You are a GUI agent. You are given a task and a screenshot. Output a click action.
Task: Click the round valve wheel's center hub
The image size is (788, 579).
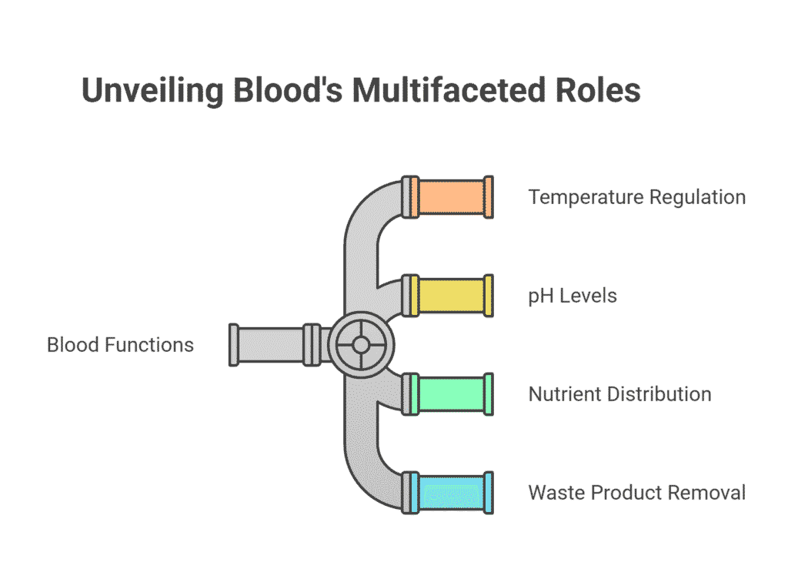click(361, 345)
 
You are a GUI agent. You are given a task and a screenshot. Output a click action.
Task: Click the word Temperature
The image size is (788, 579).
click(586, 197)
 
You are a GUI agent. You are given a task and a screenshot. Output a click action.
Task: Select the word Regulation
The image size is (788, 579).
click(697, 198)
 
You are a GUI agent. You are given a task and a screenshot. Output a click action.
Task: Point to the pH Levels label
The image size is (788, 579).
click(573, 296)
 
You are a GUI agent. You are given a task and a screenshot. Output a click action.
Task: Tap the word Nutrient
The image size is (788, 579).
click(565, 394)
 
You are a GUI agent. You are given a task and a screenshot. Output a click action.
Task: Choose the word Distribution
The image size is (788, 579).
click(659, 394)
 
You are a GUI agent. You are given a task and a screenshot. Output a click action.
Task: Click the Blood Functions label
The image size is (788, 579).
click(120, 345)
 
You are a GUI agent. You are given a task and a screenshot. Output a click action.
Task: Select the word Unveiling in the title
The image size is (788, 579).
click(152, 92)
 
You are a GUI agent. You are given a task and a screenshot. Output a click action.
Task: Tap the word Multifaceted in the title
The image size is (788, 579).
click(449, 91)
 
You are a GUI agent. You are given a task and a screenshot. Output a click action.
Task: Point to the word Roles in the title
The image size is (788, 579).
click(598, 91)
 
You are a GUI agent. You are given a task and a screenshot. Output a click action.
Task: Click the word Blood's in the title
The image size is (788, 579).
click(288, 91)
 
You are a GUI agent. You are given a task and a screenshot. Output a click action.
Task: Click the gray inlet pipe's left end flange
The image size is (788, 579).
click(234, 345)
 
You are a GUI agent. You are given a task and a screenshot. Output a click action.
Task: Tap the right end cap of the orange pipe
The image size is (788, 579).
click(489, 197)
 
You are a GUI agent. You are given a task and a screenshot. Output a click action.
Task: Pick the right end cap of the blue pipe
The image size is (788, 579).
click(489, 493)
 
